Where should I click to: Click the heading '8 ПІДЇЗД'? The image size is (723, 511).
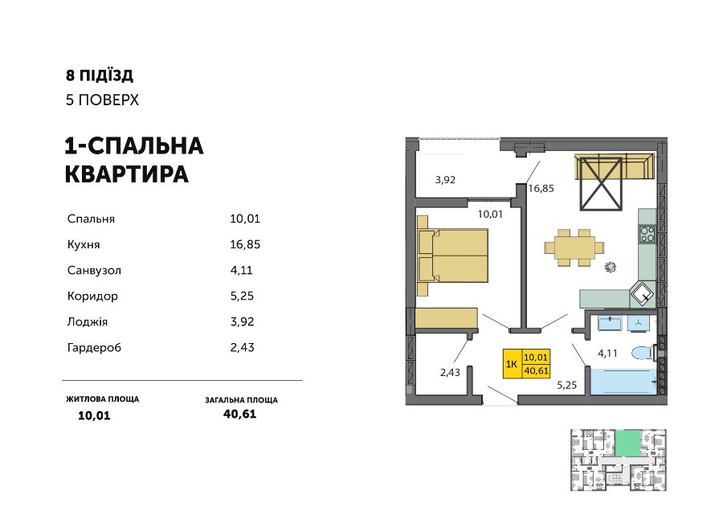click(x=99, y=76)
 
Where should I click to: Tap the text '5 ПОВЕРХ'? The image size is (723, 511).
click(x=102, y=100)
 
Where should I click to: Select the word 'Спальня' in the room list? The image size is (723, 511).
click(x=91, y=219)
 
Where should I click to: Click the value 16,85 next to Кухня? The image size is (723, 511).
click(x=245, y=244)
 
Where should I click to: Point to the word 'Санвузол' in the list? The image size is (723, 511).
click(x=94, y=270)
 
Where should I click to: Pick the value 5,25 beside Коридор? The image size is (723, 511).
click(x=242, y=296)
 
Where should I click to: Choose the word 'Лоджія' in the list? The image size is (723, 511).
click(x=87, y=322)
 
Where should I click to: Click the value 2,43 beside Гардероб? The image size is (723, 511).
click(x=242, y=347)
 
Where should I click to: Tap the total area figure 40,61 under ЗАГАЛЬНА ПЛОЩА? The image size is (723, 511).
click(x=239, y=414)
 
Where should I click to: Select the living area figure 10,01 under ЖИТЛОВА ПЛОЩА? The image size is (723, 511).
click(x=94, y=415)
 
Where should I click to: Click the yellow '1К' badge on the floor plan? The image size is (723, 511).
click(x=512, y=364)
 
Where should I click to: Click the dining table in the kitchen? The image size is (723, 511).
click(x=574, y=247)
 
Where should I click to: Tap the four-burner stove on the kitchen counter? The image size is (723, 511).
click(x=647, y=234)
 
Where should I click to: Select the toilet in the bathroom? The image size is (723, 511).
click(x=643, y=354)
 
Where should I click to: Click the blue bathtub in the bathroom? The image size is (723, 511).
click(x=623, y=382)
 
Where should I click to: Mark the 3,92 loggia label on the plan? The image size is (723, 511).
click(x=445, y=180)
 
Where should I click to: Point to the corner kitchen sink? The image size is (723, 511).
click(x=643, y=293)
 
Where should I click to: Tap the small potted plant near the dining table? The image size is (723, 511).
click(x=611, y=267)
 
